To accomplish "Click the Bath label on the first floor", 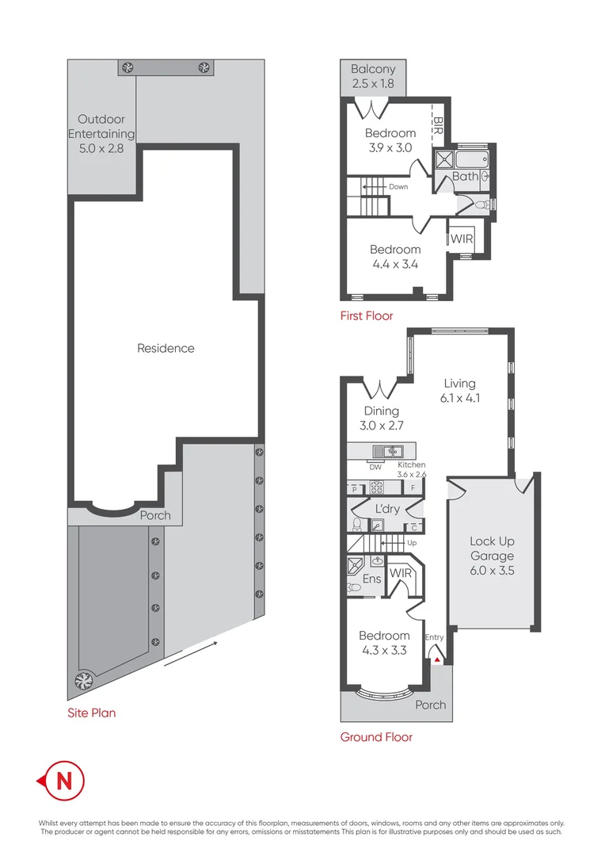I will click(465, 177).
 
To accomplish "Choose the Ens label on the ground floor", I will click(371, 579).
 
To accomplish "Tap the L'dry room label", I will click(387, 507).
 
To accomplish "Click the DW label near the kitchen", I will click(375, 467).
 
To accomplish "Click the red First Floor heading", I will click(367, 315).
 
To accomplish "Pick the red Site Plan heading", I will click(91, 713).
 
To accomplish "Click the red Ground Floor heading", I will click(376, 737).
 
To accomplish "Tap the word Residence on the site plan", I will click(166, 348).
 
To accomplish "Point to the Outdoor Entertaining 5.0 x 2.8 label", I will click(101, 133).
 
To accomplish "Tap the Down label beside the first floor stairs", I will click(398, 187).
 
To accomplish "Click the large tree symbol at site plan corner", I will click(82, 680).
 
